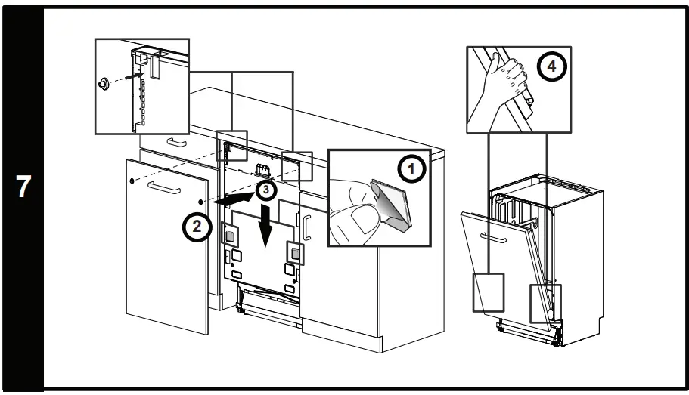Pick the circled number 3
(x=264, y=190)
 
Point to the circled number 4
(x=551, y=66)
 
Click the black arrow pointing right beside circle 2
(x=231, y=200)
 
